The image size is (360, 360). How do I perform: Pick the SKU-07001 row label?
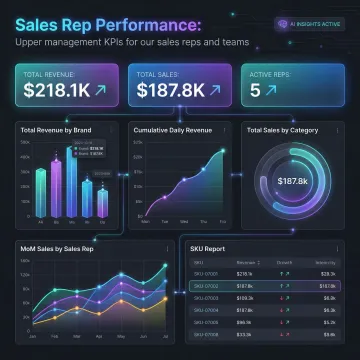204,272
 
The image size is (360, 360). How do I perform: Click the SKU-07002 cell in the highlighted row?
204,284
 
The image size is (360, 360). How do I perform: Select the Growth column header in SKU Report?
285,261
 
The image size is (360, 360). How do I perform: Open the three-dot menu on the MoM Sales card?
167,245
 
